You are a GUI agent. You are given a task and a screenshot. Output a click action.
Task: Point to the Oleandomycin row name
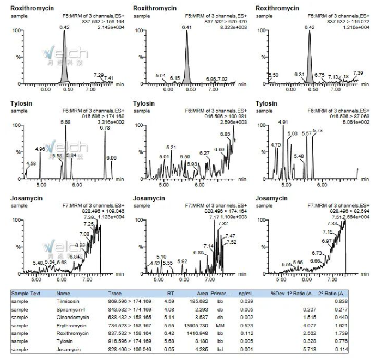point(72,317)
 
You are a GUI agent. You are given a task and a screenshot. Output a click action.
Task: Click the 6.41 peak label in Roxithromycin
point(187,27)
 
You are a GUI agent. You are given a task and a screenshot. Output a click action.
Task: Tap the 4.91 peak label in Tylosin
point(283,122)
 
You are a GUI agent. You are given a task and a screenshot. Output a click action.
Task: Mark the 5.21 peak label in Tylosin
point(172,147)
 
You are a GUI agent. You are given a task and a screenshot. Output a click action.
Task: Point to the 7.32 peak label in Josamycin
point(223,223)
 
